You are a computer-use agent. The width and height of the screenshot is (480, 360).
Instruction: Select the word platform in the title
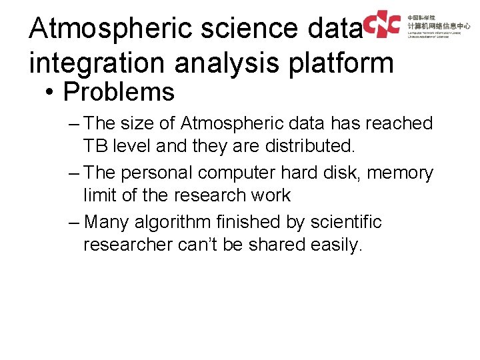click(343, 63)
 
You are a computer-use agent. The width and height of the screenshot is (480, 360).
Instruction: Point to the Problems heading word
click(118, 92)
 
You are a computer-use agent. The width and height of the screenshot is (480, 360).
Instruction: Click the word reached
click(401, 123)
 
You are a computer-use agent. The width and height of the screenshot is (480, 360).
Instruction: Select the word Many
click(107, 222)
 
